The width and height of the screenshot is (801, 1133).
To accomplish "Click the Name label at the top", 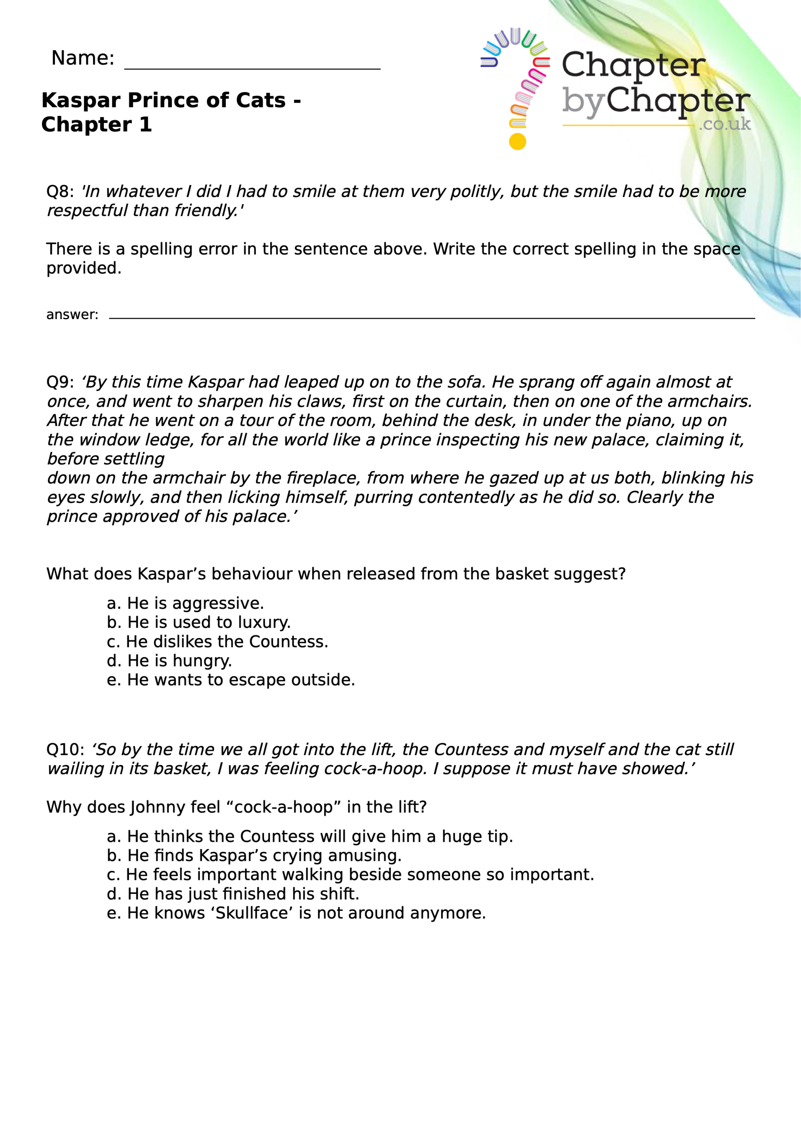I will (x=82, y=58).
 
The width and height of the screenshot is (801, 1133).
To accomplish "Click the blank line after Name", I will (x=252, y=68).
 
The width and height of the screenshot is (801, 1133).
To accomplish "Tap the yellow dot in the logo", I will (x=517, y=142).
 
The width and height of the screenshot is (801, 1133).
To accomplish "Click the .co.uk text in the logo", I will (x=724, y=124).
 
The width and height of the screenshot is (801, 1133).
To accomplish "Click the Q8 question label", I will (x=60, y=192).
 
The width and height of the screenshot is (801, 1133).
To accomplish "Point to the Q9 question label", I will (x=60, y=382).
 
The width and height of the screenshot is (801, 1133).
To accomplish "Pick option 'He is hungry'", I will (x=169, y=661).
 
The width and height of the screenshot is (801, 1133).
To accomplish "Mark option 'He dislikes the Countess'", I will (x=217, y=641).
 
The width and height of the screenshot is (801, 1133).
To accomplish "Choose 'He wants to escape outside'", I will (x=231, y=680).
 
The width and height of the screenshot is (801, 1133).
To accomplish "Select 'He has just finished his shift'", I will (x=232, y=894).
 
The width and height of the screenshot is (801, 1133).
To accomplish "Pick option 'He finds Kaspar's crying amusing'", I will (x=254, y=855).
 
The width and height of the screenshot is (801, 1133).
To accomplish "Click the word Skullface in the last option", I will (x=252, y=913).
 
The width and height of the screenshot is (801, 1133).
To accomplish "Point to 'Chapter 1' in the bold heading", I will (x=96, y=124).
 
